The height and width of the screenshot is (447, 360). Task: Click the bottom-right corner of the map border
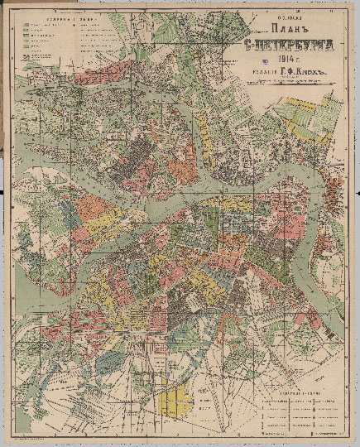346,431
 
